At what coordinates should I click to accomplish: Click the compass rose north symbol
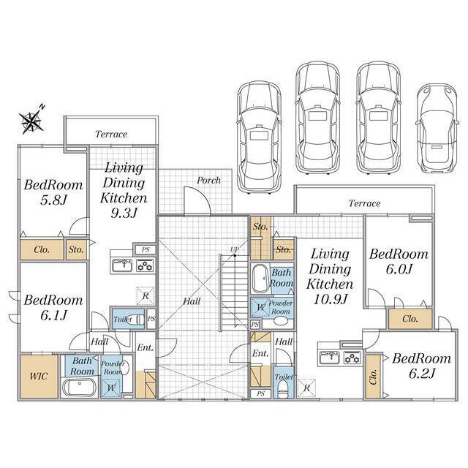31,120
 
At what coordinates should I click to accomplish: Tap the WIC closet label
39,376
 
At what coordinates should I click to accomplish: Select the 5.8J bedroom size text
53,200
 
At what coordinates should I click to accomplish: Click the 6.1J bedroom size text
53,315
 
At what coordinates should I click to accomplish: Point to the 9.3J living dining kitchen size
124,213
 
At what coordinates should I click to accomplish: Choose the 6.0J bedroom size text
399,269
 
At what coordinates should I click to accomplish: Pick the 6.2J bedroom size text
422,373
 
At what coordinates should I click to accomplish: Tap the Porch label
208,181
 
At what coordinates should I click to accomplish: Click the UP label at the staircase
234,249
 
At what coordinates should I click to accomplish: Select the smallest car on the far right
437,128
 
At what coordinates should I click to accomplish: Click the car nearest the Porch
259,137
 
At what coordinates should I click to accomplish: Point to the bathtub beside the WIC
79,388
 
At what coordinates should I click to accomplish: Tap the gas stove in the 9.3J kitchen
146,265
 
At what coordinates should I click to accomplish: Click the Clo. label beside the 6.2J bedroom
373,377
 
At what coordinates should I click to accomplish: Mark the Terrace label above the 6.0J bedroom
364,203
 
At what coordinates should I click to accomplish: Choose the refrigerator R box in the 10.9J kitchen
306,388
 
